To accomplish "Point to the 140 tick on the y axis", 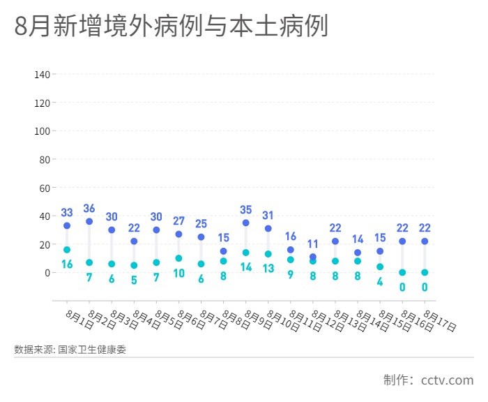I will click(41, 74).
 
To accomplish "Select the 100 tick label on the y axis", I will click(41, 131).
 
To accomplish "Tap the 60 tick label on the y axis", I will click(43, 188).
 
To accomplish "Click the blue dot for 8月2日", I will click(89, 221).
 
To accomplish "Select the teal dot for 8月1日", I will click(67, 250).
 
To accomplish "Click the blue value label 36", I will click(89, 209).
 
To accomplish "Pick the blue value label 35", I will click(246, 210).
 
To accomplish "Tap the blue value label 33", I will click(67, 213).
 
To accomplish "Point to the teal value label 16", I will click(67, 264).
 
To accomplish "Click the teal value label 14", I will click(246, 267).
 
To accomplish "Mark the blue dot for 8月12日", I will click(313, 257).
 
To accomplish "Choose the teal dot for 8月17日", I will click(425, 272).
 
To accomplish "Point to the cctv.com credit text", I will click(447, 380).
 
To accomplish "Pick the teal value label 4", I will click(380, 281).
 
